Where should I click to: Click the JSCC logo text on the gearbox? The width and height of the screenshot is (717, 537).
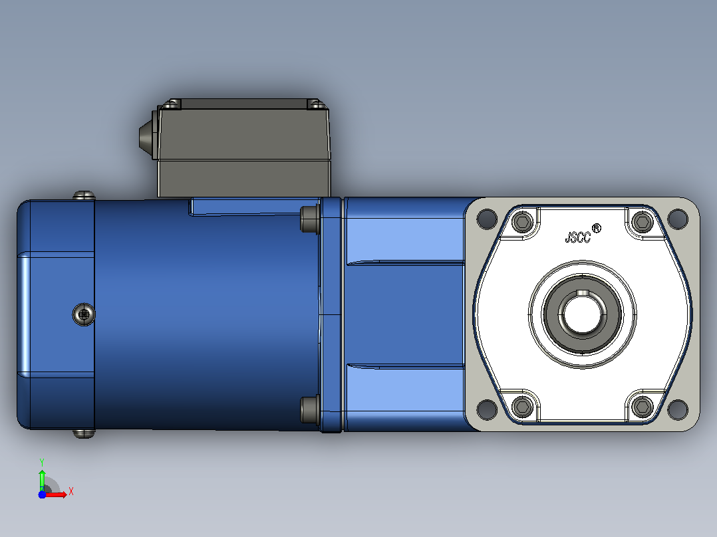579,237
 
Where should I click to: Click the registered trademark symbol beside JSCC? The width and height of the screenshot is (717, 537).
597,228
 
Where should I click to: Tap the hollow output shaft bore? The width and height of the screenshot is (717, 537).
582,314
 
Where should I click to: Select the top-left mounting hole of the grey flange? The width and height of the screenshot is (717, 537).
487,219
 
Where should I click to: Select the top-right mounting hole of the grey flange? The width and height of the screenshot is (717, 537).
678,219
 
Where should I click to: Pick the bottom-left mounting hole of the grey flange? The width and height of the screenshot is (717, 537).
487,409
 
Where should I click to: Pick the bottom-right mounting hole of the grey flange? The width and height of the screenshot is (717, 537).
678,409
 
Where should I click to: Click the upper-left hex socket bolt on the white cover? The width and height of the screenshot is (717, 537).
522,223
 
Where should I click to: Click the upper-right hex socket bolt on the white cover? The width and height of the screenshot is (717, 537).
643,223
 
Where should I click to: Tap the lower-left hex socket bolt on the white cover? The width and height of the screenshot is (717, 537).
522,406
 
